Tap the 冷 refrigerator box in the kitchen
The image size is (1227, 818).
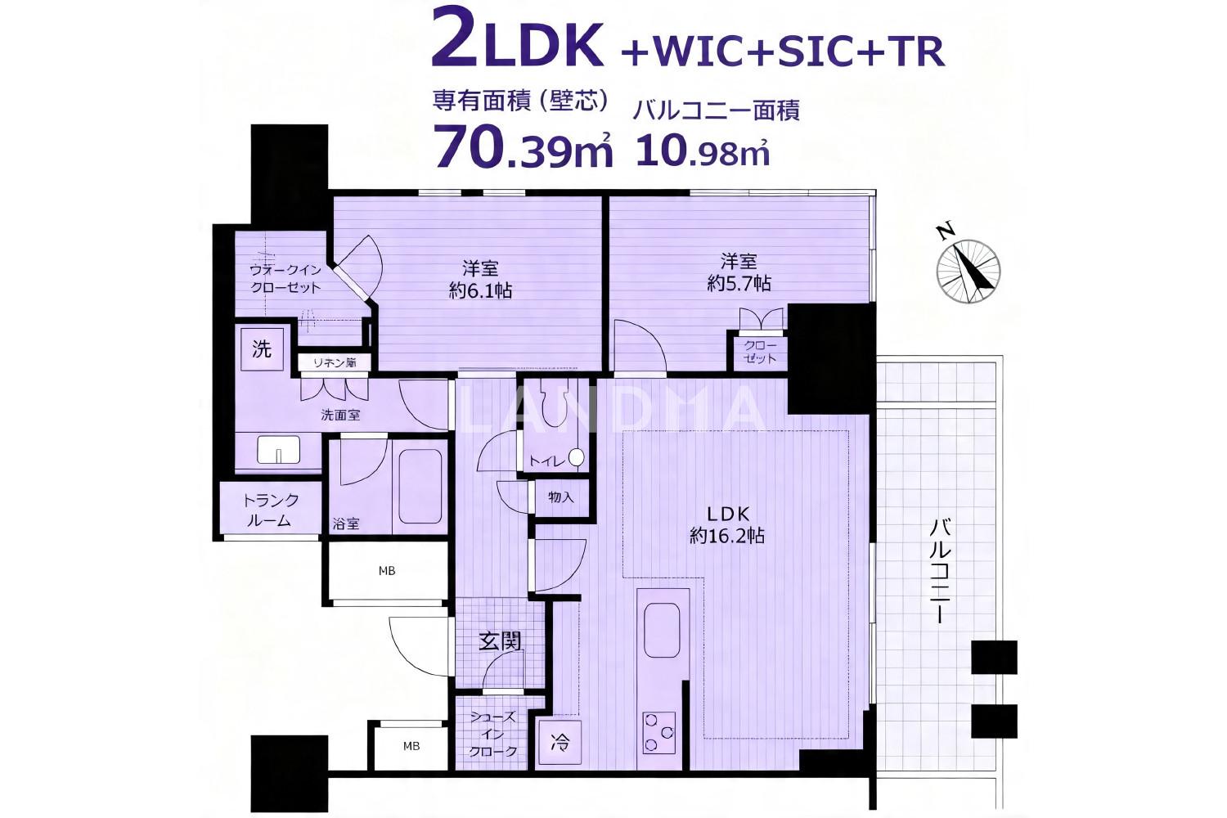click(560, 743)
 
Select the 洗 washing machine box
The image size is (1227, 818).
click(262, 349)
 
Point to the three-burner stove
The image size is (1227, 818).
click(659, 733)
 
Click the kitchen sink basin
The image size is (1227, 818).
click(663, 630)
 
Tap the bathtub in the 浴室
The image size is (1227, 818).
click(420, 487)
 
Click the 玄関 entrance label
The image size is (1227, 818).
click(500, 641)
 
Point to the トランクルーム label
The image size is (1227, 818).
click(271, 510)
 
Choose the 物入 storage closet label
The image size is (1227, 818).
click(561, 497)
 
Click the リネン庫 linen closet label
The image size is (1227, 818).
click(334, 362)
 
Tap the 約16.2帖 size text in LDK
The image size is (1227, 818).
click(727, 535)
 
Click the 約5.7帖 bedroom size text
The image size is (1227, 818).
click(739, 283)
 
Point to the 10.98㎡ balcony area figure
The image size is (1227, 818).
click(703, 148)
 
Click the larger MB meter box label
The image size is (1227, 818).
click(387, 571)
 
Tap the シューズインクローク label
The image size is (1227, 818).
click(493, 735)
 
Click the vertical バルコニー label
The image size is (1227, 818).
click(941, 572)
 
